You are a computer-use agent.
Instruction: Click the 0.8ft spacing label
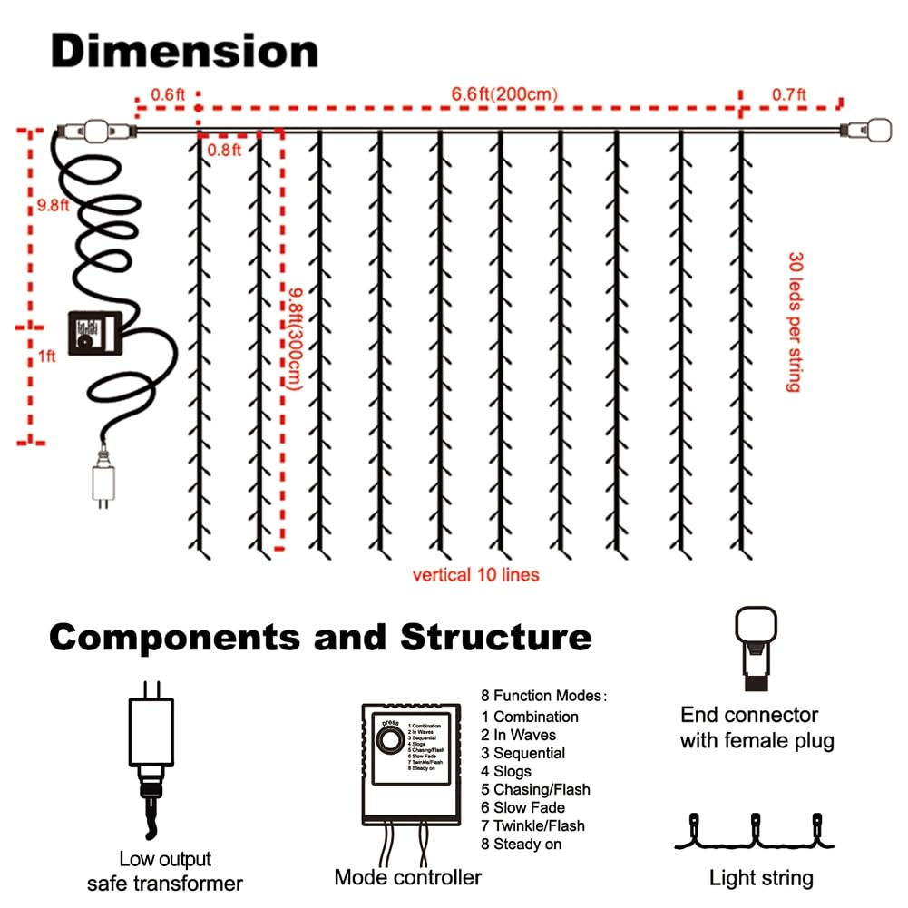[224, 149]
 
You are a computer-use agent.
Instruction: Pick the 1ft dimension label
[45, 356]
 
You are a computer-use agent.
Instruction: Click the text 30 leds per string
[795, 322]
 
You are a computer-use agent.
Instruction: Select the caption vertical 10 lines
[475, 574]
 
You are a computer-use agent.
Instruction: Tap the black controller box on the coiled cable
[93, 337]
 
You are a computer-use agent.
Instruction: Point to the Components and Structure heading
[320, 637]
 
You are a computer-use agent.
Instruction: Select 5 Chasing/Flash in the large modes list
[535, 789]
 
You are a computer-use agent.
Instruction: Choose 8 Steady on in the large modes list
[522, 844]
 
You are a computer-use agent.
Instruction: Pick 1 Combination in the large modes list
[530, 717]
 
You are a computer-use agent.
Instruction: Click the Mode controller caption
[408, 877]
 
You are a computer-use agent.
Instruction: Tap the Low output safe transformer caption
[164, 871]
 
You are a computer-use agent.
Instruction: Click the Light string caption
[760, 877]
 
